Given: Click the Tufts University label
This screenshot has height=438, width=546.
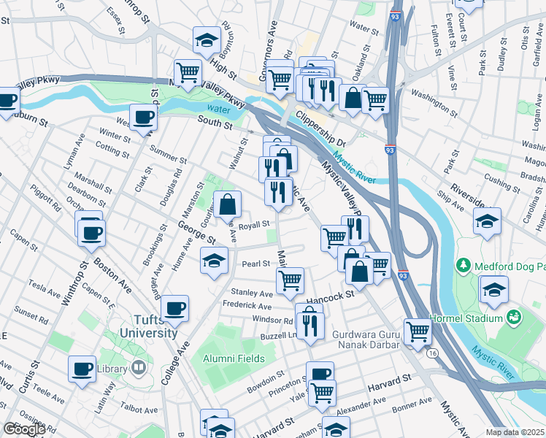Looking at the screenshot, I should (145, 326).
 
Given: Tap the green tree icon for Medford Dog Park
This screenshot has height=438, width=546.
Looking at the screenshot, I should (461, 263).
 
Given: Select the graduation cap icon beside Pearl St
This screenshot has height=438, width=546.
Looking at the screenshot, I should (213, 261).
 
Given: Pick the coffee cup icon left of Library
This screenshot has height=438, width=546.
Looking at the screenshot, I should (82, 369).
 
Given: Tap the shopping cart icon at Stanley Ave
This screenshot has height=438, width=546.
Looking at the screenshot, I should (291, 280).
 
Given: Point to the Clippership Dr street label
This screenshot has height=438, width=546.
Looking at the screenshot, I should (319, 125).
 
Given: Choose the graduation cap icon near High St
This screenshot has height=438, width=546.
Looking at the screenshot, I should (207, 40).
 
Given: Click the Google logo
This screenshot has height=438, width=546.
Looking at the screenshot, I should (24, 429).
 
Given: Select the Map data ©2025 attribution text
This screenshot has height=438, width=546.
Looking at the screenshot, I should (515, 432).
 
